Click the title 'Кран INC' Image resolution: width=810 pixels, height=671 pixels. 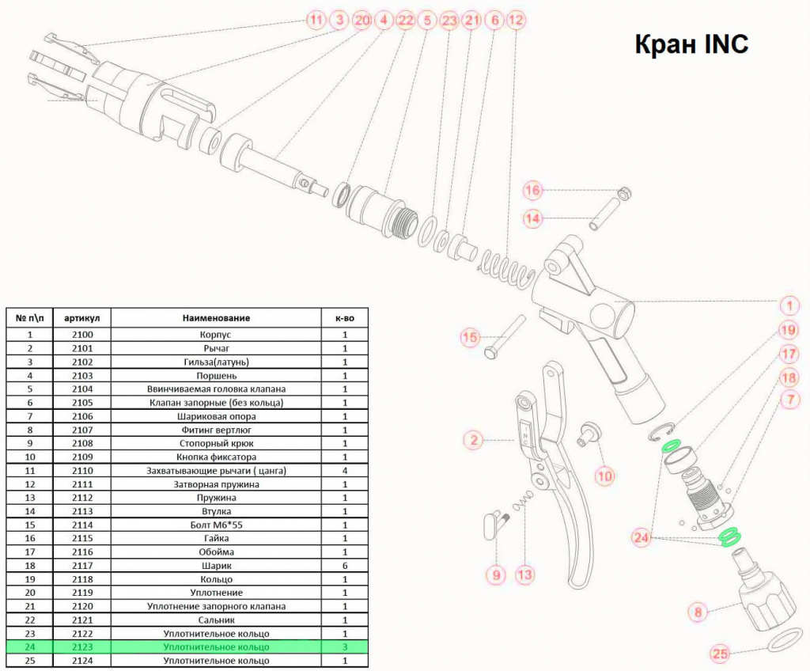coord(691,44)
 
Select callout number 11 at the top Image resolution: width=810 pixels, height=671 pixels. coord(316,20)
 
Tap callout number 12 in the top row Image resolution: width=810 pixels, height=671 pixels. coord(516,20)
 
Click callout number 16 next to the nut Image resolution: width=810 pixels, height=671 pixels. coord(532,190)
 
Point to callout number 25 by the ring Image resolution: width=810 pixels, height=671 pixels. coord(720,654)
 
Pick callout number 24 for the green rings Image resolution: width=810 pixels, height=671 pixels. coord(641,538)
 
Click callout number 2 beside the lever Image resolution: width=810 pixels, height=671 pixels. coord(473,441)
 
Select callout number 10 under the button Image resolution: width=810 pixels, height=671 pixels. coord(604,476)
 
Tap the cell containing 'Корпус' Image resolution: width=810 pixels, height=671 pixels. coord(216,335)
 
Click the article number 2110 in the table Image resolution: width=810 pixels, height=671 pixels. coord(82,471)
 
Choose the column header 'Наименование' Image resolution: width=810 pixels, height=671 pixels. coord(216,318)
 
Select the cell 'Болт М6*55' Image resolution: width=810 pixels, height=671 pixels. coord(216,525)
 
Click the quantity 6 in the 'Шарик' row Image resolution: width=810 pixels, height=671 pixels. coord(345,566)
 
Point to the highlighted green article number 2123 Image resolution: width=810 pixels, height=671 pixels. coord(82,646)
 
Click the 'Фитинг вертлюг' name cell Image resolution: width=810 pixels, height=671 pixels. coord(216,430)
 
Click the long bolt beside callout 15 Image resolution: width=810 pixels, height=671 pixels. coord(505,338)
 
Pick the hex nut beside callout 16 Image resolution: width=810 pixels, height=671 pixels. coord(625,193)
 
